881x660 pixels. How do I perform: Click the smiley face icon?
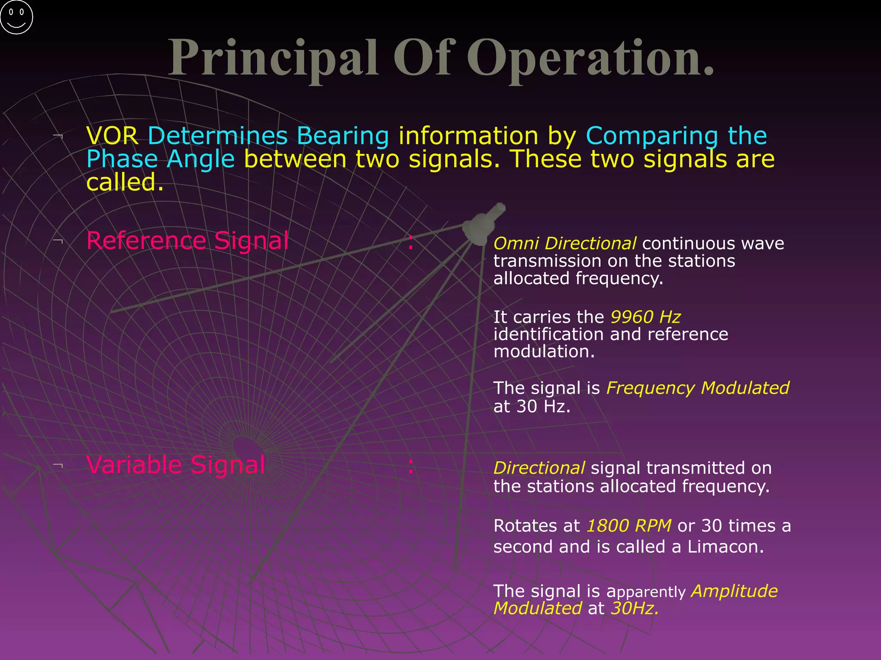tap(16, 17)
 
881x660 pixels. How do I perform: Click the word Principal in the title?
tap(273, 58)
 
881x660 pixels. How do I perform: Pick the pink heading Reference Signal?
tap(188, 240)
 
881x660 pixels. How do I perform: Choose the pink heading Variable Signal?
tap(176, 464)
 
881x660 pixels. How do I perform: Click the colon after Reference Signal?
tap(411, 242)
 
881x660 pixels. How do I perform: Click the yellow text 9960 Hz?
tap(645, 317)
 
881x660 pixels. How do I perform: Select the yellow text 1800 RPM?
tap(628, 526)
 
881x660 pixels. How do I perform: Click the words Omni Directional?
tap(564, 243)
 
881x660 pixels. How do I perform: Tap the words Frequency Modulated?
tap(697, 388)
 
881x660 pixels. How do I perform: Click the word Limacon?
tap(725, 547)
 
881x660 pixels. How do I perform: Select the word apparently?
tap(646, 592)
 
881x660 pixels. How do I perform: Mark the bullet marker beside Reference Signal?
tap(58, 241)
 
